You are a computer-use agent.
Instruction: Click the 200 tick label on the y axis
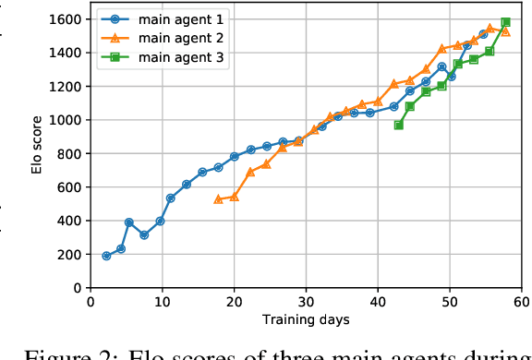click(x=70, y=255)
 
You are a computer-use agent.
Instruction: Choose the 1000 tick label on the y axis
click(x=66, y=120)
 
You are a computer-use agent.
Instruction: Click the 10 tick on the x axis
click(x=162, y=302)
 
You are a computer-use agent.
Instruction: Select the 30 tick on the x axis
click(x=306, y=302)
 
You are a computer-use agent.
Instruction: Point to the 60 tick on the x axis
click(x=522, y=302)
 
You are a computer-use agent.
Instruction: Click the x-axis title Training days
click(x=306, y=319)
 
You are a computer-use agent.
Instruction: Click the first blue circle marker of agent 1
click(x=106, y=256)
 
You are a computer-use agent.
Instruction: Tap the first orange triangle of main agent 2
click(x=218, y=199)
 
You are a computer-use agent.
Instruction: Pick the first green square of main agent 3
click(x=399, y=125)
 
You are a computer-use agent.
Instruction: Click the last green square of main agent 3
click(x=505, y=22)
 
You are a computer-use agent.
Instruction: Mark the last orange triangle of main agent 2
click(x=504, y=31)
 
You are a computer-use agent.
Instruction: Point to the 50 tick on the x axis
click(x=450, y=302)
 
